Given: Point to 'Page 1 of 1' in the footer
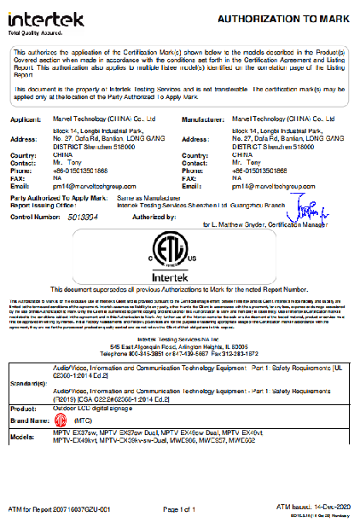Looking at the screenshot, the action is [179, 509].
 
